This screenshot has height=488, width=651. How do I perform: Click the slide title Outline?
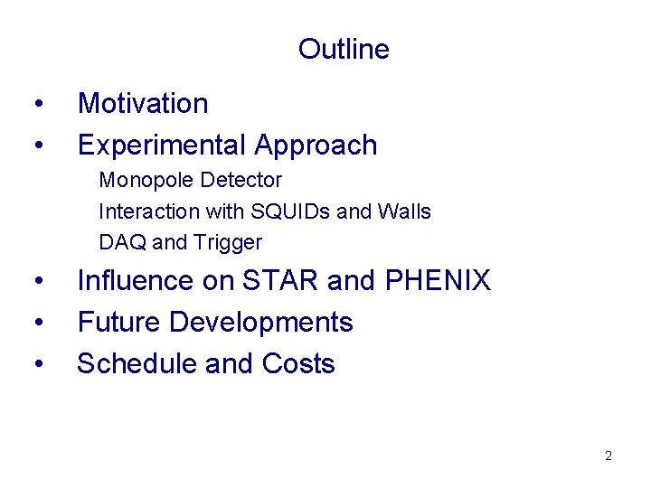click(344, 49)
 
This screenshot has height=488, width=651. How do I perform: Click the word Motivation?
click(143, 103)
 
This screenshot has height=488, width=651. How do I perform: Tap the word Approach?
click(316, 145)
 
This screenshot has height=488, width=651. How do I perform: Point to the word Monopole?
click(146, 181)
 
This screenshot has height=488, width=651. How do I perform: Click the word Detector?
click(241, 181)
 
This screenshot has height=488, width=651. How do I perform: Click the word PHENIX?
click(438, 281)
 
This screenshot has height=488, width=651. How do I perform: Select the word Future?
click(118, 322)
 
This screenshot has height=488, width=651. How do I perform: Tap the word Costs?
click(298, 363)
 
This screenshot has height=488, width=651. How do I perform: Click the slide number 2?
click(609, 455)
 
